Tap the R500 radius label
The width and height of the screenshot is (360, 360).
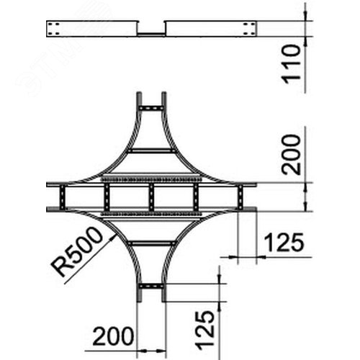77,251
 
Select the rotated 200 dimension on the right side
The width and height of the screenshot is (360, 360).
292,154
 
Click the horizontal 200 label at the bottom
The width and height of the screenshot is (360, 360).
113,336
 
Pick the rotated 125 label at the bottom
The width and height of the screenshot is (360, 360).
204,329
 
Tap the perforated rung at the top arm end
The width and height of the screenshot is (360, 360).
151,108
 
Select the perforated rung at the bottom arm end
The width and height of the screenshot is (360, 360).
151,286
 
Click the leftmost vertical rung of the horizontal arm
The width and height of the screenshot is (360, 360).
63,197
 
